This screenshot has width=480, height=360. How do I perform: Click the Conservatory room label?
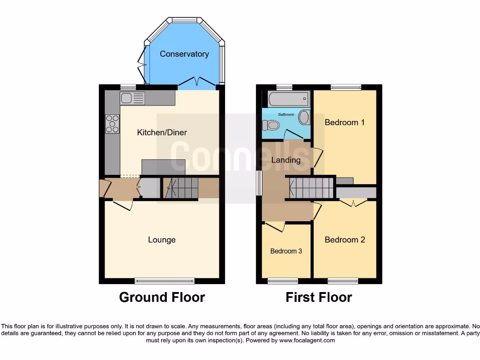[x=184, y=54]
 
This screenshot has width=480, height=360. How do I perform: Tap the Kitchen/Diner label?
[x=162, y=133]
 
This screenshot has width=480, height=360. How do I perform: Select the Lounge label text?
[x=162, y=240]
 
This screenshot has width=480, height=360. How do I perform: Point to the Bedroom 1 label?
[x=345, y=122]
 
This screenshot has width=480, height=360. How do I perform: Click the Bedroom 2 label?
[x=345, y=240]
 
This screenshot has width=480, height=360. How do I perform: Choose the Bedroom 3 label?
[x=286, y=251]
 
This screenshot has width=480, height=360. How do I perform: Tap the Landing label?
[x=286, y=160]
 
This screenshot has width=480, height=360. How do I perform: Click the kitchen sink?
[x=133, y=98]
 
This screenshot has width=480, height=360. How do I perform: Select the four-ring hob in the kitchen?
[x=112, y=124]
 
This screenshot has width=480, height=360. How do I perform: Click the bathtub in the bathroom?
[x=288, y=99]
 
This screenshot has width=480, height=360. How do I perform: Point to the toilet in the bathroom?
[x=271, y=125]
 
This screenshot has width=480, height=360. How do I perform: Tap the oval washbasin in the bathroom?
[x=304, y=117]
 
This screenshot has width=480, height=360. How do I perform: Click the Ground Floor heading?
[x=162, y=297]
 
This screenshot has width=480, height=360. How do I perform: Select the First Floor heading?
[x=319, y=297]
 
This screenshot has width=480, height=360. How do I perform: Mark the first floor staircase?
[x=310, y=188]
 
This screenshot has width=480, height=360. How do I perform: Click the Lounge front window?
[x=165, y=281]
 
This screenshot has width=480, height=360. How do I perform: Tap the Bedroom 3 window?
[x=283, y=281]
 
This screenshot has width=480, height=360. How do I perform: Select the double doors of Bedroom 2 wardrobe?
[x=353, y=202]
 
